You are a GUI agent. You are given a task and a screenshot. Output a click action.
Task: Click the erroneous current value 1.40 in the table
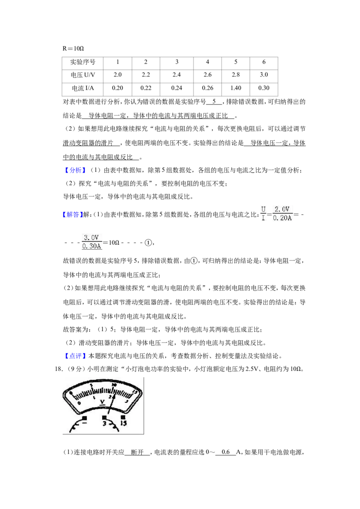click(235, 88)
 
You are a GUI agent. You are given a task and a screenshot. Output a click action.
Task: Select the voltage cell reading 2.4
click(176, 75)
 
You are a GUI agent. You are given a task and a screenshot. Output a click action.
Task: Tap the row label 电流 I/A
click(83, 88)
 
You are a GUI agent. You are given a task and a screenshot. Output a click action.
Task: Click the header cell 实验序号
click(83, 62)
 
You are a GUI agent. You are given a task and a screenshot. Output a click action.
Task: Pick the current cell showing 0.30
click(264, 88)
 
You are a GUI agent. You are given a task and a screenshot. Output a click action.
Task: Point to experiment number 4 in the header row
click(207, 62)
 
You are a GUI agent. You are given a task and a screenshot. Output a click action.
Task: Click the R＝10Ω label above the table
click(73, 49)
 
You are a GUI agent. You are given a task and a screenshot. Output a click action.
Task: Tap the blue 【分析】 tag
click(76, 170)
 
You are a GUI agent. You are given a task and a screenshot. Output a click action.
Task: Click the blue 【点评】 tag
click(76, 356)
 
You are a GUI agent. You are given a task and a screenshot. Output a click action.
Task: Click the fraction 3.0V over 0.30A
click(92, 242)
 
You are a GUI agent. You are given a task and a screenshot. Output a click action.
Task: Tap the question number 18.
click(58, 369)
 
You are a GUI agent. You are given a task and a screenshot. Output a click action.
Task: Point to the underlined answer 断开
click(137, 452)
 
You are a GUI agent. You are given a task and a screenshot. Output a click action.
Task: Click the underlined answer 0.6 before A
click(225, 452)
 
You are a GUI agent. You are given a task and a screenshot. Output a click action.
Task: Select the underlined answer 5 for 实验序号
click(214, 102)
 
